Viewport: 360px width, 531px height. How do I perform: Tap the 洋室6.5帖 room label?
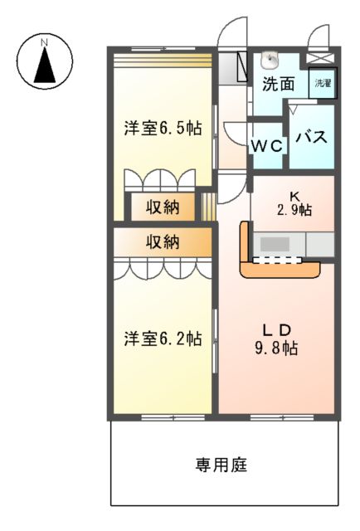tap(163, 129)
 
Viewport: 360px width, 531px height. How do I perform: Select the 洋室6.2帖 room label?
tap(163, 339)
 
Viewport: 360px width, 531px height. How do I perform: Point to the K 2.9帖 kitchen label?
tap(294, 203)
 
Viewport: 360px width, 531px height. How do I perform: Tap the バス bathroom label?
tap(312, 137)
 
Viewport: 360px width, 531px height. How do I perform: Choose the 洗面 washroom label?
tap(279, 84)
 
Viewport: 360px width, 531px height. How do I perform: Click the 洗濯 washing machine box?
tap(322, 85)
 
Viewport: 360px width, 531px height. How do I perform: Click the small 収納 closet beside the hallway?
tap(163, 207)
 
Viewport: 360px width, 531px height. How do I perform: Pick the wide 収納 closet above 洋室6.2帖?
tap(163, 241)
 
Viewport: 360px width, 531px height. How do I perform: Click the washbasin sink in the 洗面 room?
tap(270, 61)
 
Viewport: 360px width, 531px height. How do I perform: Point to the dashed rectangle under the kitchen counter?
tap(278, 260)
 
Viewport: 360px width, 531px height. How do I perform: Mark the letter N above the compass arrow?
tap(46, 39)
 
